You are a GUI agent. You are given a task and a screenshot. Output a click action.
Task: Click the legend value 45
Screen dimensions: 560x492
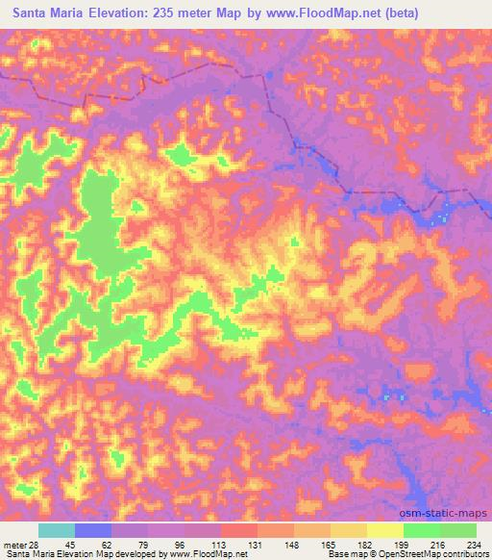point(74,544)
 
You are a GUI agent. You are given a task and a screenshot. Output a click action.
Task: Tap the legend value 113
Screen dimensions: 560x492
point(219,544)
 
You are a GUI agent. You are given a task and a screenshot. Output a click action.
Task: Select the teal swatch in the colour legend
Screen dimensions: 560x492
point(57,530)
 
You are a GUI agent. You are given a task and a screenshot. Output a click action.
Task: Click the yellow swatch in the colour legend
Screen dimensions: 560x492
point(385,530)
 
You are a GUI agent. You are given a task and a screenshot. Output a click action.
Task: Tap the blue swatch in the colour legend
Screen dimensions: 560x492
point(93,530)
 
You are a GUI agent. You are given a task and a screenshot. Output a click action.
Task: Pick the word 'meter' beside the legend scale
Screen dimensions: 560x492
point(14,544)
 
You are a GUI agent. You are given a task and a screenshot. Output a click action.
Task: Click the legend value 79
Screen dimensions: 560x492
point(146,544)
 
